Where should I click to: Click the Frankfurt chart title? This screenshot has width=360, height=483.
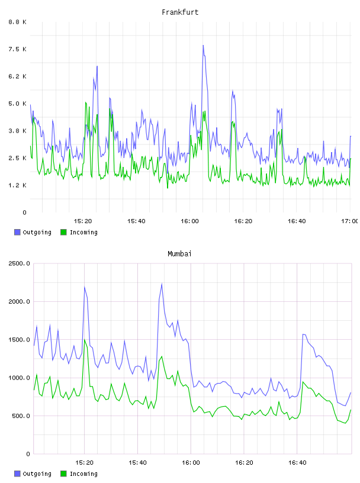pos(180,12)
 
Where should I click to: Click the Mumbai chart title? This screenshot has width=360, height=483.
pos(179,254)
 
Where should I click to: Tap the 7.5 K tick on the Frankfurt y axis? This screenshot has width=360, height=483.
pos(17,49)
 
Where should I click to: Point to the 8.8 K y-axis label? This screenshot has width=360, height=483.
pos(17,22)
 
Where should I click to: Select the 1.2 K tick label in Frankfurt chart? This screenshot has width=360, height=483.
pos(17,185)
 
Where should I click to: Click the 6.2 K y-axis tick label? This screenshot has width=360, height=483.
pos(17,76)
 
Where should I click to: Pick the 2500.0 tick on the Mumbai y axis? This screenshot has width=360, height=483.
pos(19,263)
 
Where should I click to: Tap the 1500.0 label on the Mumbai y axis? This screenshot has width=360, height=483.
pos(19,340)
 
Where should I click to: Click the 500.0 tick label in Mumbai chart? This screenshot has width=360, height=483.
pos(21,416)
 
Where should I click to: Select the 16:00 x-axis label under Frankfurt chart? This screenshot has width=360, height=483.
pos(190,221)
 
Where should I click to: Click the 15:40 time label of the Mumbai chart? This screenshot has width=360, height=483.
pos(137,463)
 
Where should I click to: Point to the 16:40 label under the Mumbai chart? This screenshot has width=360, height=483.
pos(297,463)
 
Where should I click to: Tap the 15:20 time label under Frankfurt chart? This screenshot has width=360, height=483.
pos(83,221)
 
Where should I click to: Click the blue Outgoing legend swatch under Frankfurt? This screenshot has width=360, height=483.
pos(17,232)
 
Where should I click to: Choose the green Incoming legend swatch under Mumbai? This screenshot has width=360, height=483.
pos(63,474)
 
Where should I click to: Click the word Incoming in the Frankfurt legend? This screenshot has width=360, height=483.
pos(83,233)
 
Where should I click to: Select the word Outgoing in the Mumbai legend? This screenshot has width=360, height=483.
pos(37,474)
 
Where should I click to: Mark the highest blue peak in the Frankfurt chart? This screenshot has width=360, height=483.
pos(203,46)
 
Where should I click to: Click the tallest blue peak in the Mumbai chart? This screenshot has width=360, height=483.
pos(162,284)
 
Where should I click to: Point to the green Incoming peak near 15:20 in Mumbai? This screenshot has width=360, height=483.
pos(85,340)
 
